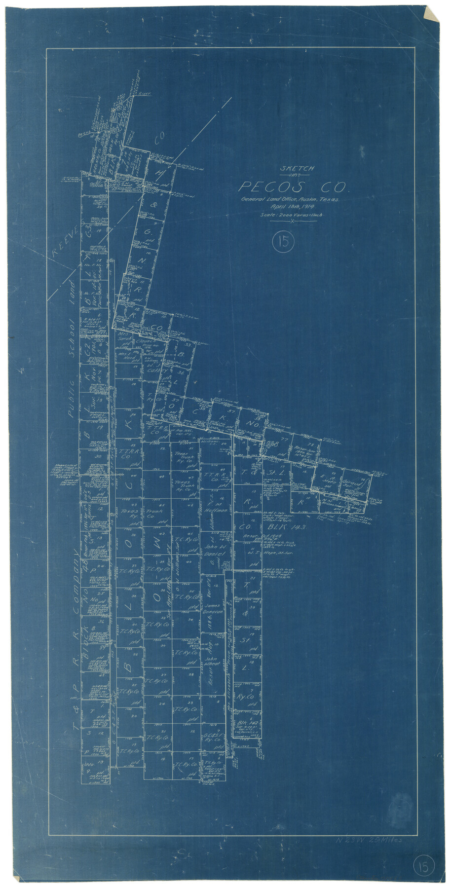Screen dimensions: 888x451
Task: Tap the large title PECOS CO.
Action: click(x=294, y=187)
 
